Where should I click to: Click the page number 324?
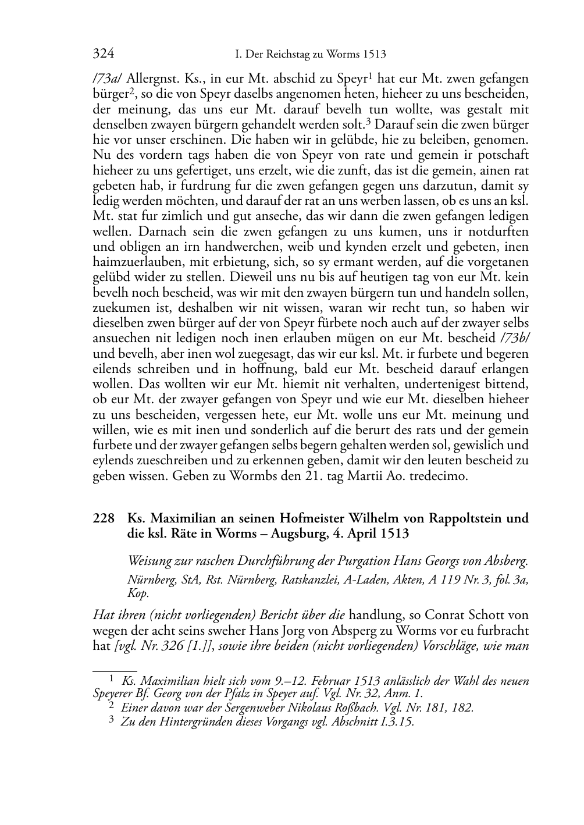[103, 55]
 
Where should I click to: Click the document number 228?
[103, 518]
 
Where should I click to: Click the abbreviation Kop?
[138, 593]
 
